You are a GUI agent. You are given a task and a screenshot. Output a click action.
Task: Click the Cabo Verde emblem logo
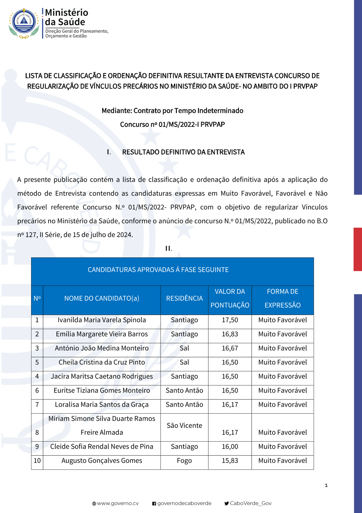[24, 23]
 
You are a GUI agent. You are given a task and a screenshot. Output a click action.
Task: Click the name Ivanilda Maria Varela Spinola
[102, 320]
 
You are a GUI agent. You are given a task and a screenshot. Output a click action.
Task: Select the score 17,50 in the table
[230, 320]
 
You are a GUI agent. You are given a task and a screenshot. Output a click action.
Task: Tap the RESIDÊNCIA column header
[184, 298]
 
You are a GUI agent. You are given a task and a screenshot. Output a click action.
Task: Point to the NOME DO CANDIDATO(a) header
[102, 298]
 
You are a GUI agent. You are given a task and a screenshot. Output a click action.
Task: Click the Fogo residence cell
[184, 461]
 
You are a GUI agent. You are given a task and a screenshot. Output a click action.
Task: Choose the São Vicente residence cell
[184, 426]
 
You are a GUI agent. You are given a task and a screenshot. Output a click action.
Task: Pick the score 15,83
[230, 461]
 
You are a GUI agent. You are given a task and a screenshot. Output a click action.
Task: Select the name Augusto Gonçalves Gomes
[102, 461]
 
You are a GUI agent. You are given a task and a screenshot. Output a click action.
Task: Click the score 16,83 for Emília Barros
[230, 334]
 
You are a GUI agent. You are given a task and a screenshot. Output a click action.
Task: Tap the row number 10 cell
[37, 461]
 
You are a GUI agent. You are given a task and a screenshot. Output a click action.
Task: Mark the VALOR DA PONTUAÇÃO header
[230, 298]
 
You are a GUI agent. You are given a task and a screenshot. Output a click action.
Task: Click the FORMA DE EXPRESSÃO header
[282, 298]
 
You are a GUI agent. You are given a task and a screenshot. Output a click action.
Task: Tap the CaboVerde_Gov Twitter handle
[250, 503]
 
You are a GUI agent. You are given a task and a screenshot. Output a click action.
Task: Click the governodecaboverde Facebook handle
[184, 503]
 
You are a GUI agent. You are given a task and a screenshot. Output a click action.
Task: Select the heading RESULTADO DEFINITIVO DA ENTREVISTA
[183, 152]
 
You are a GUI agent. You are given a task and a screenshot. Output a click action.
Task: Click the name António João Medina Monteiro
[102, 348]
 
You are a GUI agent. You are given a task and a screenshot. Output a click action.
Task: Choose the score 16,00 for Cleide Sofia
[230, 447]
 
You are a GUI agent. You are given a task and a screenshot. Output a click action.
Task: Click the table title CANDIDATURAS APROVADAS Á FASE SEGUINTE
[158, 270]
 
